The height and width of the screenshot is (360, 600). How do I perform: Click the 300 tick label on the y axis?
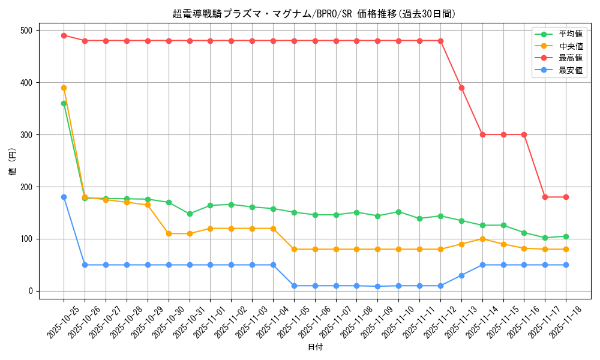pos(28,135)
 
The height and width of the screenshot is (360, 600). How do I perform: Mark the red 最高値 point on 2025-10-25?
pos(64,35)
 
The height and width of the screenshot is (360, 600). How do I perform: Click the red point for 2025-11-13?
pos(461,88)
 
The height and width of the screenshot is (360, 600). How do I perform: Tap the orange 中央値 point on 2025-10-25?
pos(64,88)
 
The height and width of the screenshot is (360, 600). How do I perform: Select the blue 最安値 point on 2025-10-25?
pos(64,197)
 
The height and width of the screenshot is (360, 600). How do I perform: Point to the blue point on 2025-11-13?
pos(461,275)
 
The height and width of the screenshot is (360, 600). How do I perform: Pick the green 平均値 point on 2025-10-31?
pos(190,214)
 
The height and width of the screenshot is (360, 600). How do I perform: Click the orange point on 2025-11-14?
pos(482,239)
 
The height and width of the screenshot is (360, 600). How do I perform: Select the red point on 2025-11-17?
pos(545,197)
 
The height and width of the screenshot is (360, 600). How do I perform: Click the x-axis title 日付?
pos(315,347)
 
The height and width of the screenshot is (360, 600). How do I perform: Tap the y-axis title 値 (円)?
pos(13,162)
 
